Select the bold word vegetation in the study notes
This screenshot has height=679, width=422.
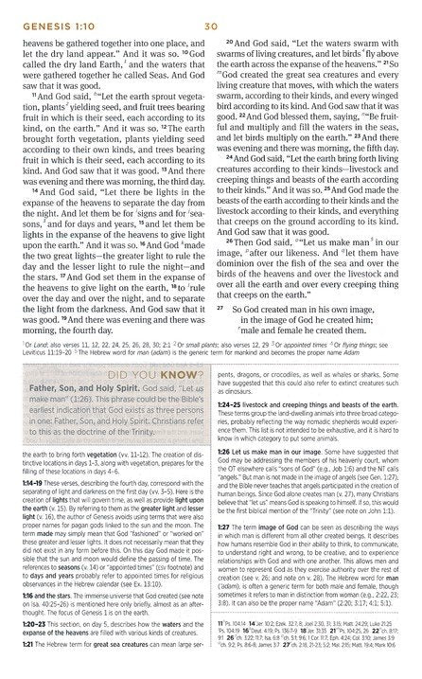(x=105, y=430)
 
